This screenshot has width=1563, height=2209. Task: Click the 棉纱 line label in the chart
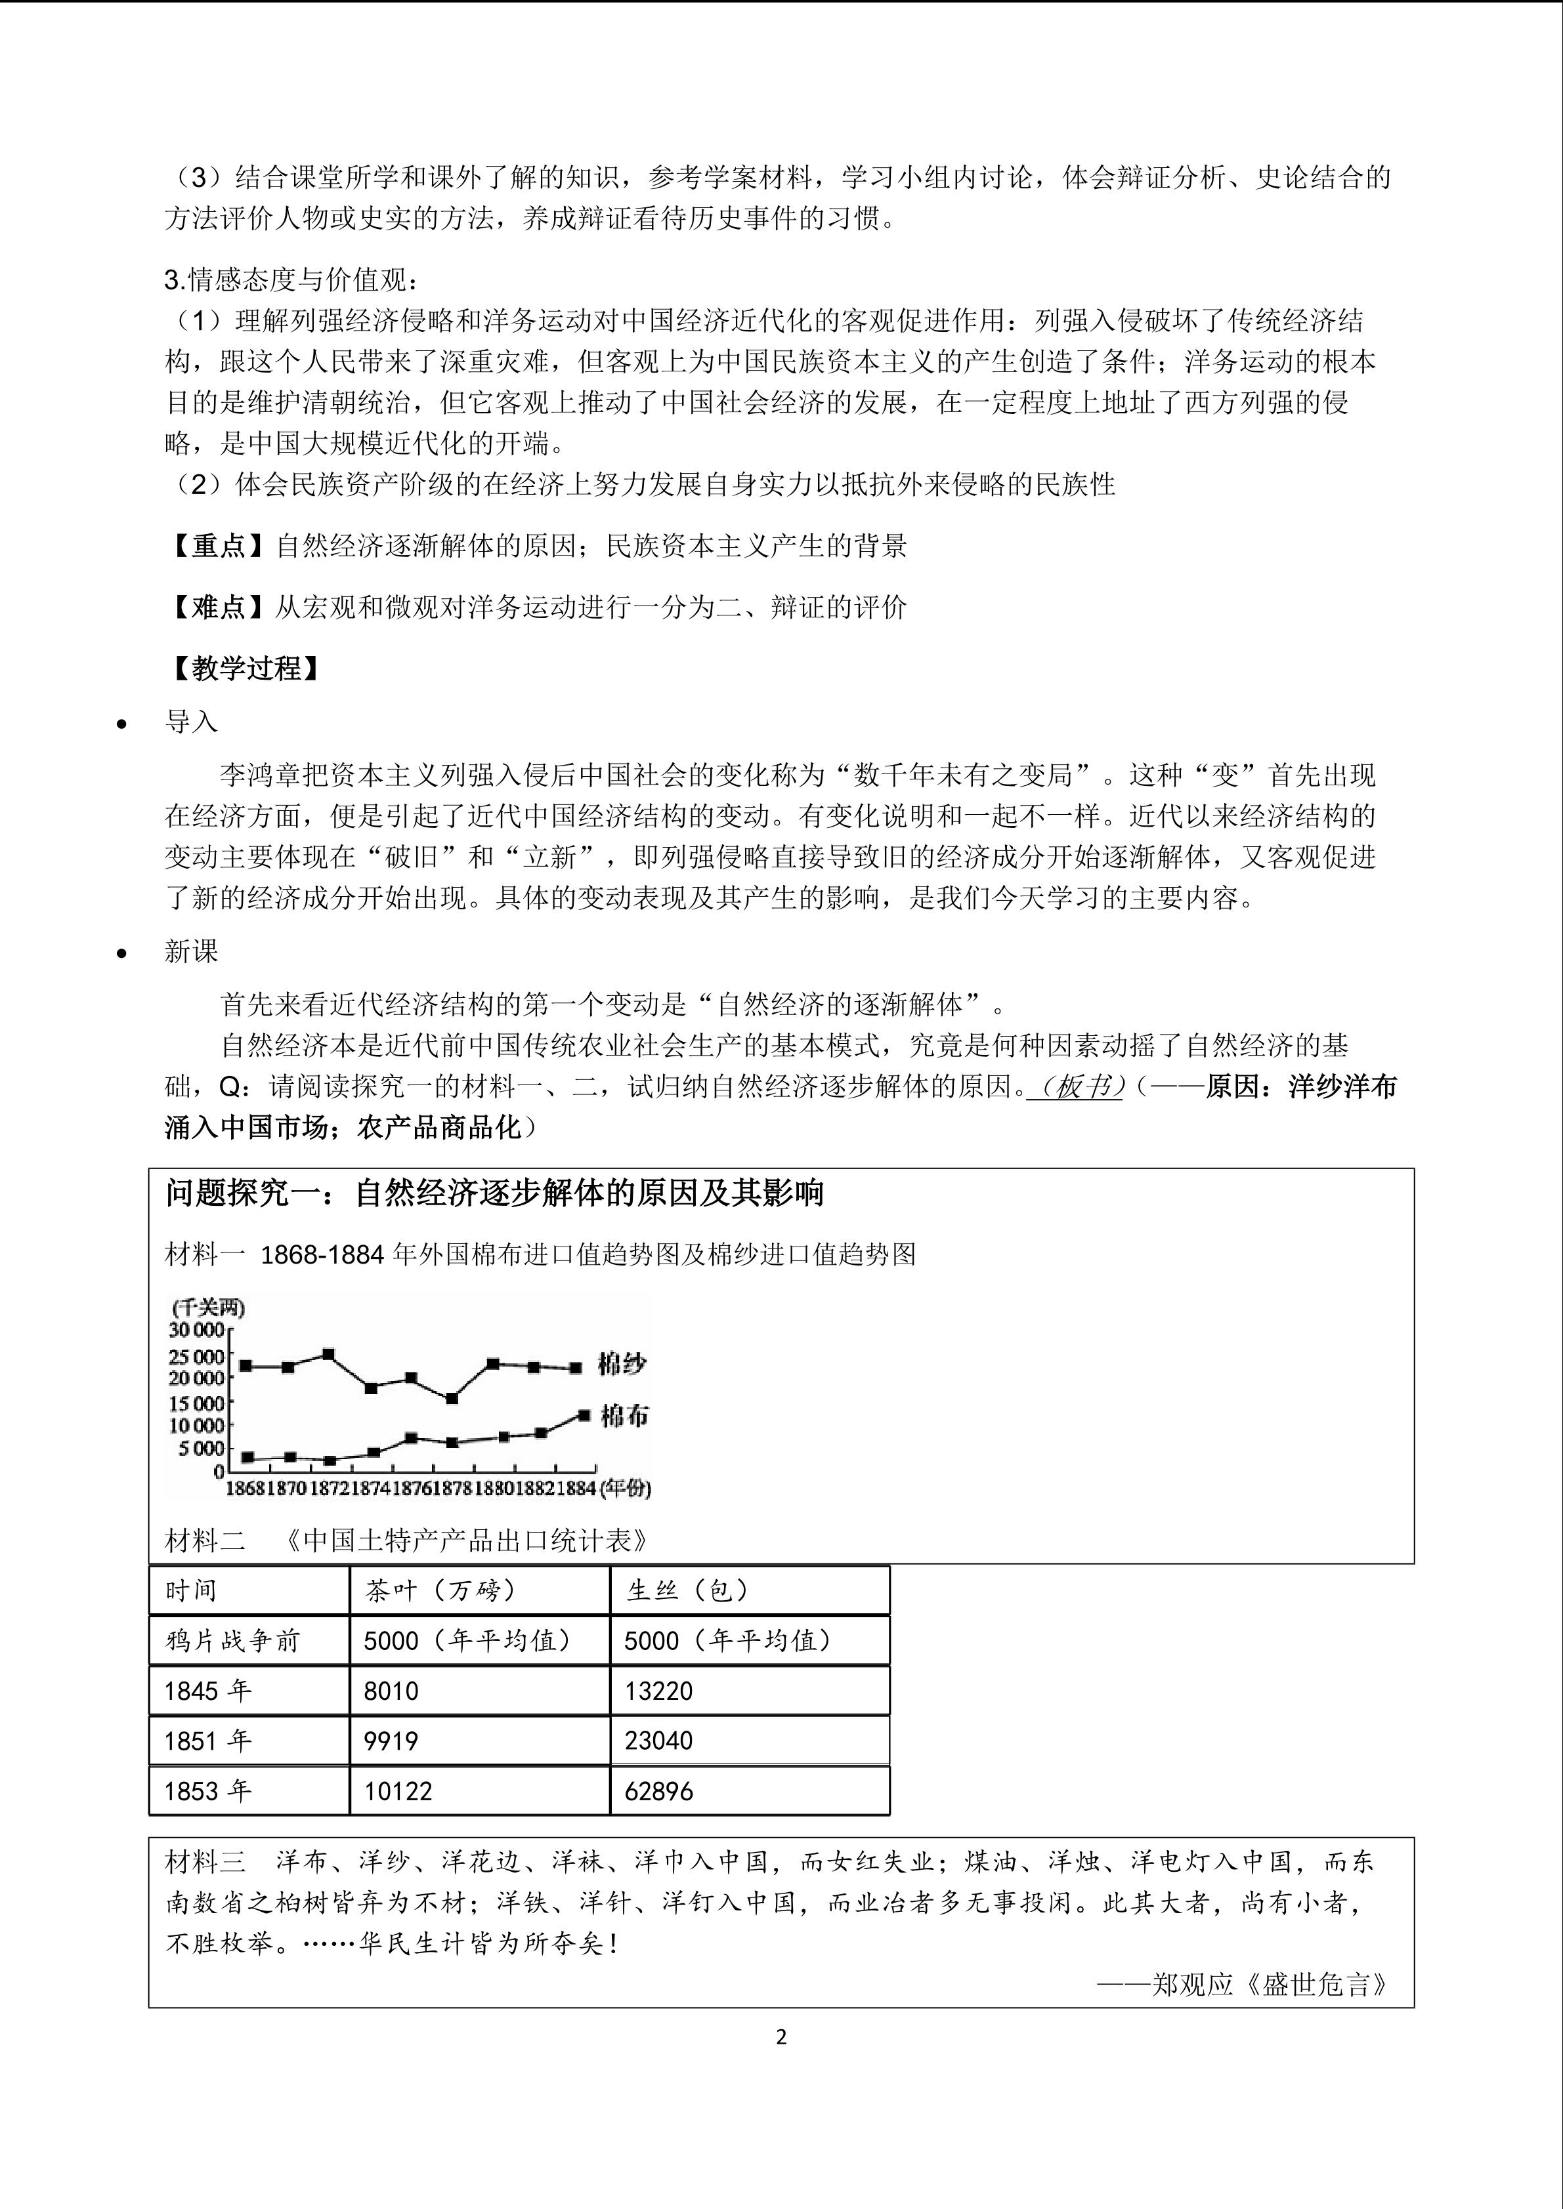coord(622,1364)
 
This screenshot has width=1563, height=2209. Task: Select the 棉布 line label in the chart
coord(624,1415)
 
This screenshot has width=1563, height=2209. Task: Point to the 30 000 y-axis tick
coord(196,1330)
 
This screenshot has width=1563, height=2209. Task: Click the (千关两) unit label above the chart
coord(208,1308)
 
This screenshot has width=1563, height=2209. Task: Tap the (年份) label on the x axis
coord(625,1489)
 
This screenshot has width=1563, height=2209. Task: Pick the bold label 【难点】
coord(219,607)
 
